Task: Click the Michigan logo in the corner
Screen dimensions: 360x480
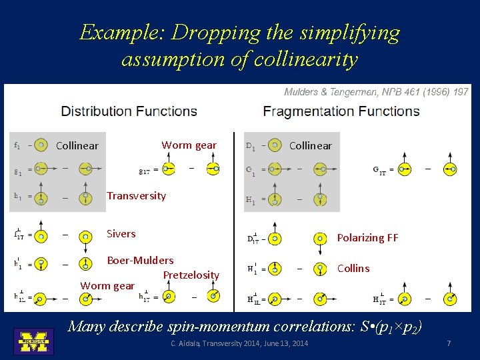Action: pos(33,341)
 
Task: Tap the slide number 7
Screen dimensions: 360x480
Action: pos(449,343)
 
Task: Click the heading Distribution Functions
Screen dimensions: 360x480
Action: pos(129,111)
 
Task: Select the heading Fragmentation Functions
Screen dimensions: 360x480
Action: pos(341,111)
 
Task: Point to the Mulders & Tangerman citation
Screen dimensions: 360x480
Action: pos(376,92)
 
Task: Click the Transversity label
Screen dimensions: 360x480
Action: pos(136,195)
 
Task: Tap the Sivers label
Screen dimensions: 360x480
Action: pos(121,233)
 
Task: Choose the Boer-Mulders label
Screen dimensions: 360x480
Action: pos(140,260)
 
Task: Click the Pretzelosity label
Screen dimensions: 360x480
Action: pos(191,275)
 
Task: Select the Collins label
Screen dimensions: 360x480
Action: pos(353,268)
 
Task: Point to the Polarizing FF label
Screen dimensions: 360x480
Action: pos(367,237)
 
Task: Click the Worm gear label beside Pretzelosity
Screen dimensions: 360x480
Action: pos(107,285)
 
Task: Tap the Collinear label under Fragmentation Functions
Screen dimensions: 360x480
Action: pos(310,145)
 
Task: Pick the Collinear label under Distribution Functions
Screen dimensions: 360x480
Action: pos(77,145)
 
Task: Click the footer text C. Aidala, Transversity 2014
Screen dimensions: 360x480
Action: pos(239,343)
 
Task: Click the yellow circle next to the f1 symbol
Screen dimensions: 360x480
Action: pos(41,145)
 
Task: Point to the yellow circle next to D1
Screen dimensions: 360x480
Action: pos(273,145)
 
